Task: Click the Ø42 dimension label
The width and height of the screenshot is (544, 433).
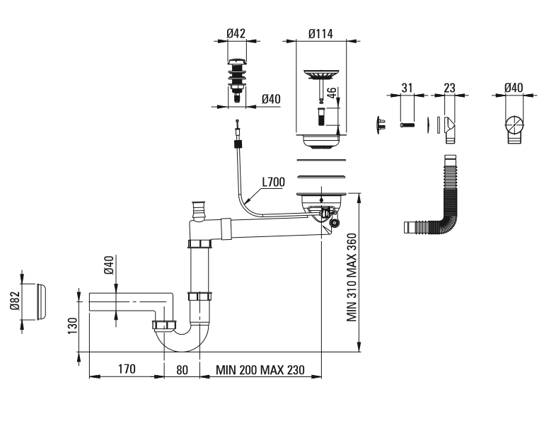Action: point(236,33)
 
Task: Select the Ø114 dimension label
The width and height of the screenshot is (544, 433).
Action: point(321,33)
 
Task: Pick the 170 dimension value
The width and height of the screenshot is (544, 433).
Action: point(127,369)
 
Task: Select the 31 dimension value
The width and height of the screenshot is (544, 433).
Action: point(407,87)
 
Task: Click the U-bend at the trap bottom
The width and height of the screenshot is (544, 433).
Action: point(183,338)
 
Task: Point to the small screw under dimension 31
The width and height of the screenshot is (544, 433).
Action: point(407,125)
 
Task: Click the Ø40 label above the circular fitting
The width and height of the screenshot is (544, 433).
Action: point(514,87)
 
